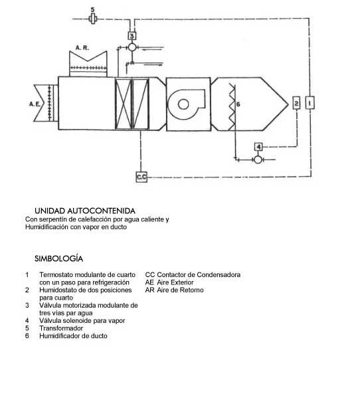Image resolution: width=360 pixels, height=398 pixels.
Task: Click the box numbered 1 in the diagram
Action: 310,103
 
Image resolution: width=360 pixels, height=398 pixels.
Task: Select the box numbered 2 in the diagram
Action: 296,103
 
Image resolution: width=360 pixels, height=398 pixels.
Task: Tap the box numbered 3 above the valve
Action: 132,36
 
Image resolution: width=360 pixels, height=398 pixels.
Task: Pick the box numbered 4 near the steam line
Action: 258,147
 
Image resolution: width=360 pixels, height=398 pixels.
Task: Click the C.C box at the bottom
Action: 141,177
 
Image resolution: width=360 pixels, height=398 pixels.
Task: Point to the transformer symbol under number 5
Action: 93,19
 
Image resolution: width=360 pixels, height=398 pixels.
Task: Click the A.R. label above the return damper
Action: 82,47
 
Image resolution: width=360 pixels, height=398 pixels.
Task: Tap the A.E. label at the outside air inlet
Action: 35,104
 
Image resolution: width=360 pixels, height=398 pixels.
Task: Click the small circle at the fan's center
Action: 183,104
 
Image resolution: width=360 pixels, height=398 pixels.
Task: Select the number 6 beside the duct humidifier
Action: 238,104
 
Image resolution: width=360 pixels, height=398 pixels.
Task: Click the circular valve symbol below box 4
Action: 258,159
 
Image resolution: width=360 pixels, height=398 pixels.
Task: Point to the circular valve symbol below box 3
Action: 132,47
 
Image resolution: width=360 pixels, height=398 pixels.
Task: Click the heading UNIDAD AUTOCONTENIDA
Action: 85,211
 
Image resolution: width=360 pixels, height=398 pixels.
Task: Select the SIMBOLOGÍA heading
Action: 58,258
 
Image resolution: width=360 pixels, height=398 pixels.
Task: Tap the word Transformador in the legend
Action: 61,328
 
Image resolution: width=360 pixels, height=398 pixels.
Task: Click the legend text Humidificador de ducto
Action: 73,336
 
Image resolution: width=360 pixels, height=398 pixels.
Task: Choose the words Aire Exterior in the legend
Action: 175,282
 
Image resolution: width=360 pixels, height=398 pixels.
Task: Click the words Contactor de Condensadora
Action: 199,274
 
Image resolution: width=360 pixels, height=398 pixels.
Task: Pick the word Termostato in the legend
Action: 56,274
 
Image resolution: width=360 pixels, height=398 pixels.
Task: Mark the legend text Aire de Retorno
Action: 181,290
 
